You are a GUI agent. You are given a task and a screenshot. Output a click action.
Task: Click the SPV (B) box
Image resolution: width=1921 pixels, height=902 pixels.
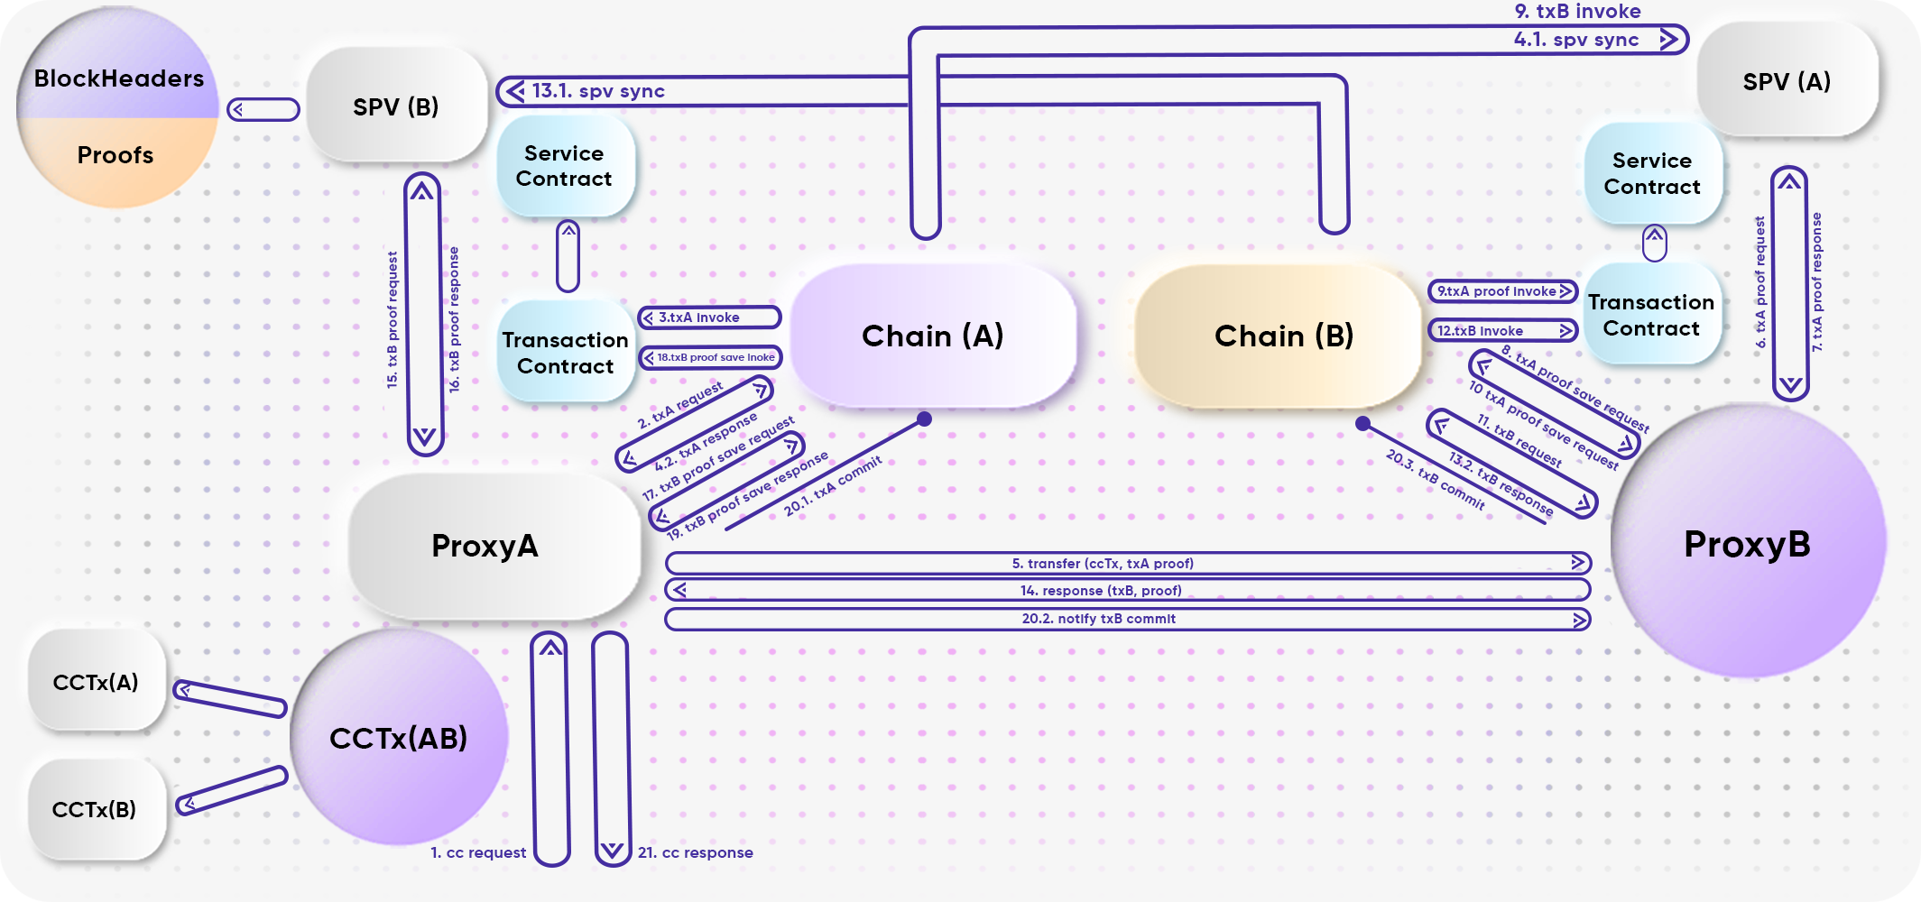(x=395, y=106)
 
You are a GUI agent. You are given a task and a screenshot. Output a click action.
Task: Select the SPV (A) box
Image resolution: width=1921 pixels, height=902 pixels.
(x=1787, y=81)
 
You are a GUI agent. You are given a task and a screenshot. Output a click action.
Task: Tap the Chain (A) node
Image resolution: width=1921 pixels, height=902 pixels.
(x=933, y=336)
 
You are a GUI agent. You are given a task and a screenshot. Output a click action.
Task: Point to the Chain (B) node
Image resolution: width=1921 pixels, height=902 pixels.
(x=1283, y=336)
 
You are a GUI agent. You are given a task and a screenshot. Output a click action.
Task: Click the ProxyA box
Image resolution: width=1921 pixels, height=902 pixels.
(x=485, y=546)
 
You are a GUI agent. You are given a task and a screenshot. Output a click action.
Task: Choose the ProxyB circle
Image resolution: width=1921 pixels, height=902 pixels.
(x=1747, y=544)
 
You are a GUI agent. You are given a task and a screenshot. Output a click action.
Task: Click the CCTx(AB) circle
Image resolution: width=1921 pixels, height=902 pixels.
(x=398, y=738)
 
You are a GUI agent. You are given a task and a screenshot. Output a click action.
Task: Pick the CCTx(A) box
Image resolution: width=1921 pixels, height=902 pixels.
(x=96, y=682)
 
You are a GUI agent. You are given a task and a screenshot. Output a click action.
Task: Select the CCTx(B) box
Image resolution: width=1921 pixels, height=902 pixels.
(x=95, y=809)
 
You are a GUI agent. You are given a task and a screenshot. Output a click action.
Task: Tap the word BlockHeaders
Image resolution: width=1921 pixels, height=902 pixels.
(x=118, y=78)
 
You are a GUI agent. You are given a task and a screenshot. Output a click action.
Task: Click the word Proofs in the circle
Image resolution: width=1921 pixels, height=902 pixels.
(x=115, y=155)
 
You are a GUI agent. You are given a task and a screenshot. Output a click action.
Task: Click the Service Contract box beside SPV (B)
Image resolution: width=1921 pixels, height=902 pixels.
(x=564, y=166)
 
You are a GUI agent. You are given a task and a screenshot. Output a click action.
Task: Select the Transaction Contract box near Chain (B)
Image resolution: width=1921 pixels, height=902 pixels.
(x=1651, y=315)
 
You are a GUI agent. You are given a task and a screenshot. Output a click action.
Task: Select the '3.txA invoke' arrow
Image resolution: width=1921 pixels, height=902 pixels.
(x=709, y=318)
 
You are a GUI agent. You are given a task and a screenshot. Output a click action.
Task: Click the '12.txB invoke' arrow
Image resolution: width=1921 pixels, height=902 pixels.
(x=1501, y=331)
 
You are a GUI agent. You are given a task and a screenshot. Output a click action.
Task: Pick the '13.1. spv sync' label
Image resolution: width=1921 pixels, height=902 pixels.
(x=598, y=91)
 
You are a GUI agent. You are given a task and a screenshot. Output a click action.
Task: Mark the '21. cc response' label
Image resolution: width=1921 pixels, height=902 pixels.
(x=695, y=852)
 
